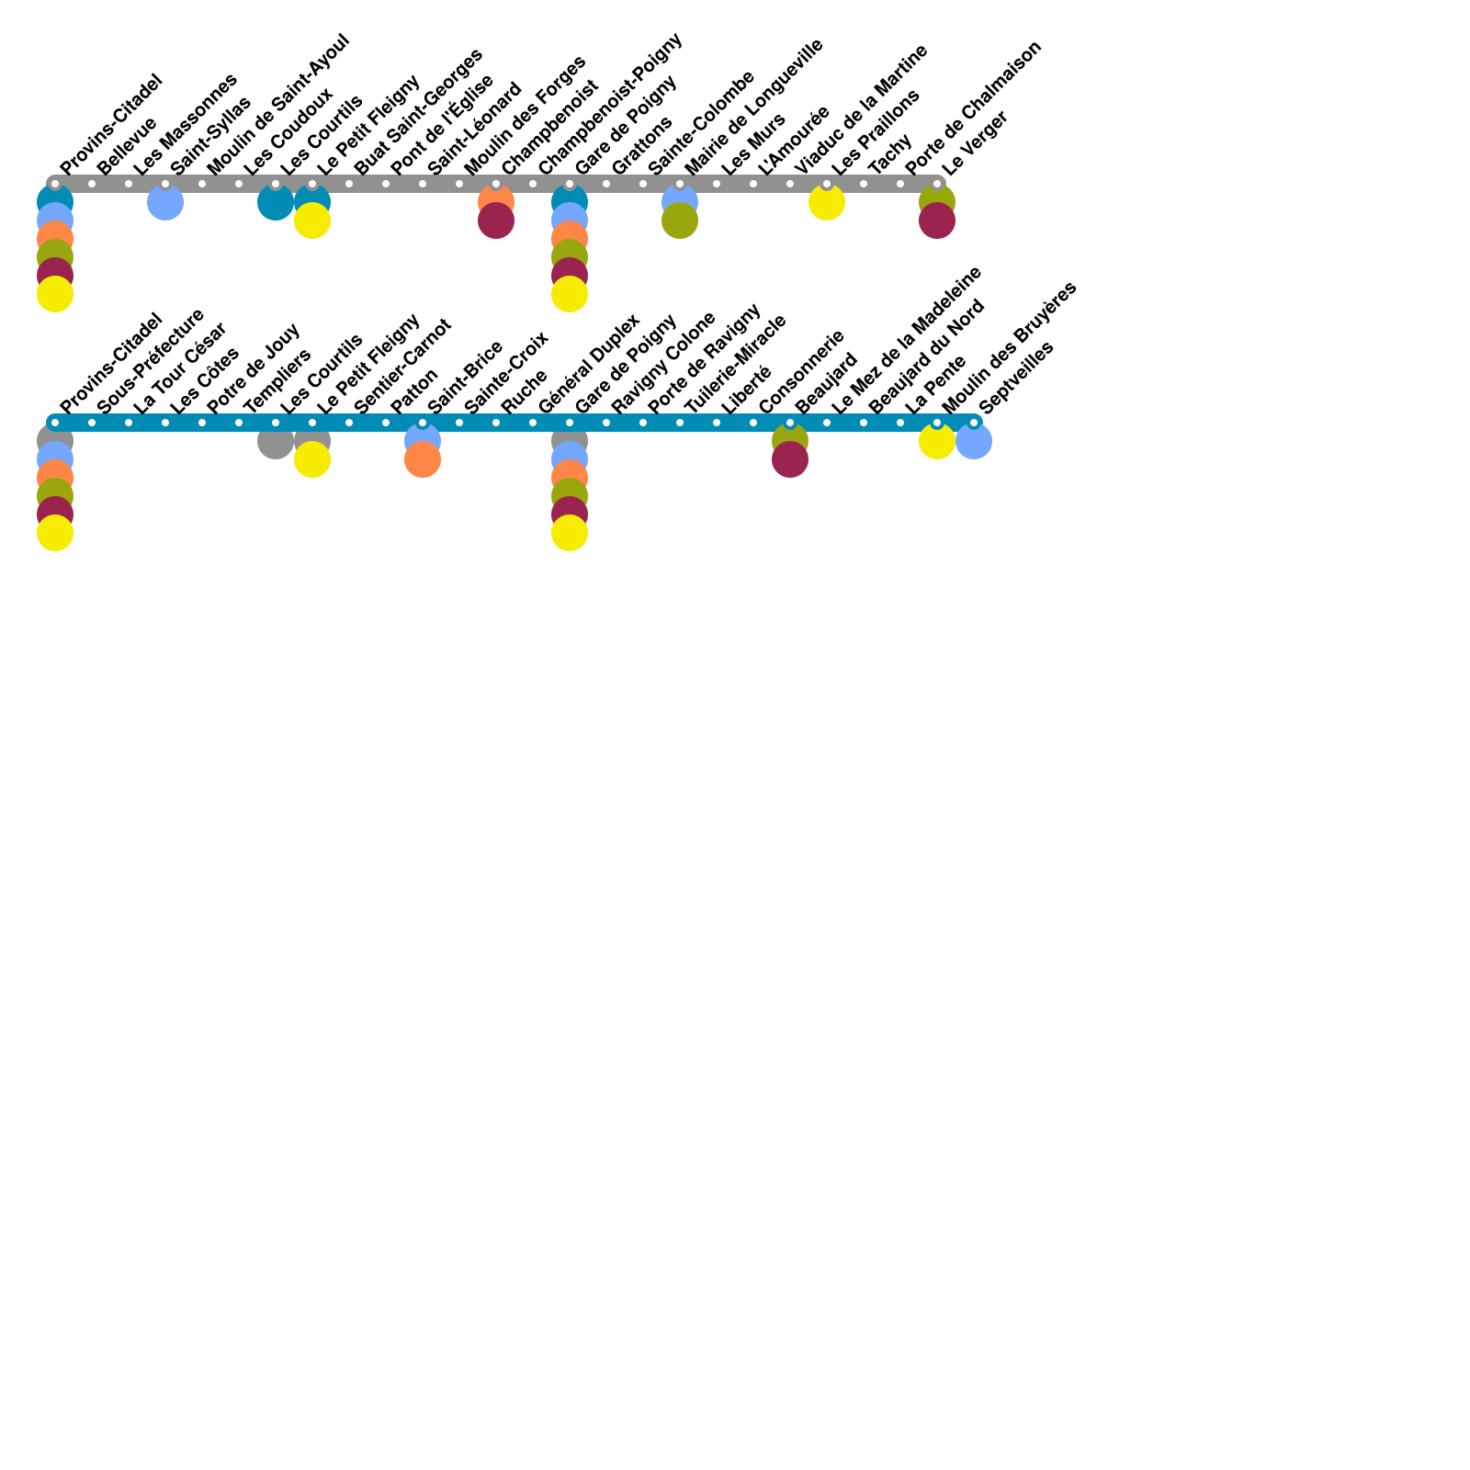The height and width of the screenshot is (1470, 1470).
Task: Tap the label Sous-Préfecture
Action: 150,360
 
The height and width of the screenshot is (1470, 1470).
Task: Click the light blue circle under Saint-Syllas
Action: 165,203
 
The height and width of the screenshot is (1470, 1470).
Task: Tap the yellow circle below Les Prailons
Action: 827,203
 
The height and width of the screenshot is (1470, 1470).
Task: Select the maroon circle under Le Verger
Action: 937,221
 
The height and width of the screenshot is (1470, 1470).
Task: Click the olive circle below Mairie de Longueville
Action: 680,221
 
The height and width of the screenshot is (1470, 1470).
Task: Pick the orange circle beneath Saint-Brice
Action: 423,460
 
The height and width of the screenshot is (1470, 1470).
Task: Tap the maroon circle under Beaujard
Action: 790,460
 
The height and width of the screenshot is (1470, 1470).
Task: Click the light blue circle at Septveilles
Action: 974,442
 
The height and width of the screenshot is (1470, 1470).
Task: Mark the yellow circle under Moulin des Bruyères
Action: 937,442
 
